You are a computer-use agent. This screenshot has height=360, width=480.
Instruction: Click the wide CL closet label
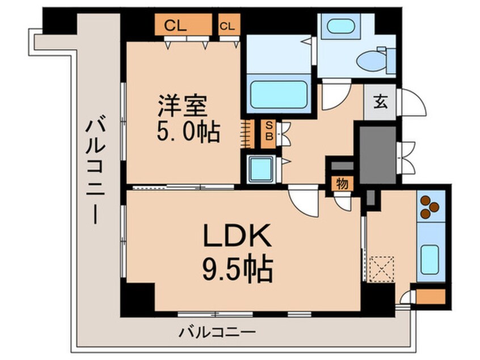coord(176,26)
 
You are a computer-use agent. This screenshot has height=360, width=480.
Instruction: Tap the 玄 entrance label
coord(380,103)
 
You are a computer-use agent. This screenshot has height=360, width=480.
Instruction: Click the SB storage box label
coord(270,130)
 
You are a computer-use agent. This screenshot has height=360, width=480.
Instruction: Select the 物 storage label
coord(342,183)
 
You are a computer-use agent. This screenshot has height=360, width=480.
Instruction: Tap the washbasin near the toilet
coord(338,26)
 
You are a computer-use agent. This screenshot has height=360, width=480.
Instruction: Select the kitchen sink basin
coord(430,259)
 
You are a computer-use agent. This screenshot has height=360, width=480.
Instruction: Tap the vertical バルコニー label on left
coord(94,170)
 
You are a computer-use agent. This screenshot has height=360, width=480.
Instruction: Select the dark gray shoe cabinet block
coord(377,154)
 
